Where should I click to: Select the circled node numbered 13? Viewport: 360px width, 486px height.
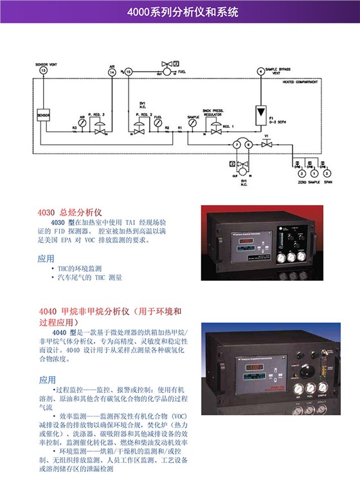42,71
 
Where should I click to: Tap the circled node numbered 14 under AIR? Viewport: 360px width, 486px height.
113,73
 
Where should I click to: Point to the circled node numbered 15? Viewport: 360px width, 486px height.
128,73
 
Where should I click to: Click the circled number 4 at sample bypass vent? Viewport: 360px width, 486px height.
260,71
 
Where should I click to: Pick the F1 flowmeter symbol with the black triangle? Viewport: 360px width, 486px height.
260,111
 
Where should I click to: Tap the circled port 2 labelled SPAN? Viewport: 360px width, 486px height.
327,174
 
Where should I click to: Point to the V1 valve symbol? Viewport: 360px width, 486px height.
265,146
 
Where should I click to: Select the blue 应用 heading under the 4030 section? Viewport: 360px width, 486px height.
46,258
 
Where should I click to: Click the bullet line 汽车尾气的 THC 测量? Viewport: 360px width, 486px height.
89,278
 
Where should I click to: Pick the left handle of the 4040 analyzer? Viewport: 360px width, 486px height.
208,379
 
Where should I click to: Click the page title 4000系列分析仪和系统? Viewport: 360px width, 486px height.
181,12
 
